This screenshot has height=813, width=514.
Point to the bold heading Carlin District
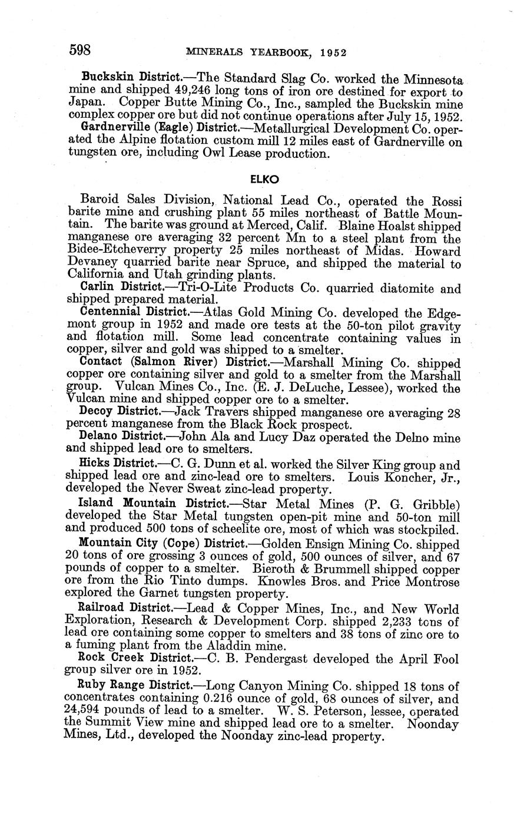point(121,289)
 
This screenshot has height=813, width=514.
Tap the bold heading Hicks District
point(117,463)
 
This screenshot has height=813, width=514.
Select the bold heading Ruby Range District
point(135,686)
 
